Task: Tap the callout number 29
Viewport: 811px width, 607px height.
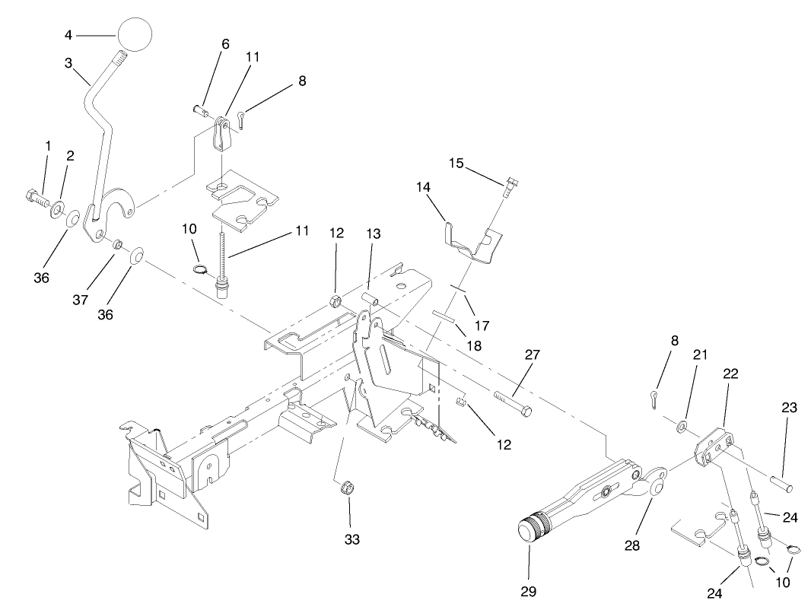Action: [529, 591]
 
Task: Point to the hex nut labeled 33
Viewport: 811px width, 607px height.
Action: [345, 485]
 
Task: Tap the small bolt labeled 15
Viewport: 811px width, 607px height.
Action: [509, 183]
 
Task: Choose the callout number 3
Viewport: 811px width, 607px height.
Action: [68, 62]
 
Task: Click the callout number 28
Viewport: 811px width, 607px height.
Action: [633, 545]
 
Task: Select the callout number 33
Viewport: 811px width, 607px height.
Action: [351, 539]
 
